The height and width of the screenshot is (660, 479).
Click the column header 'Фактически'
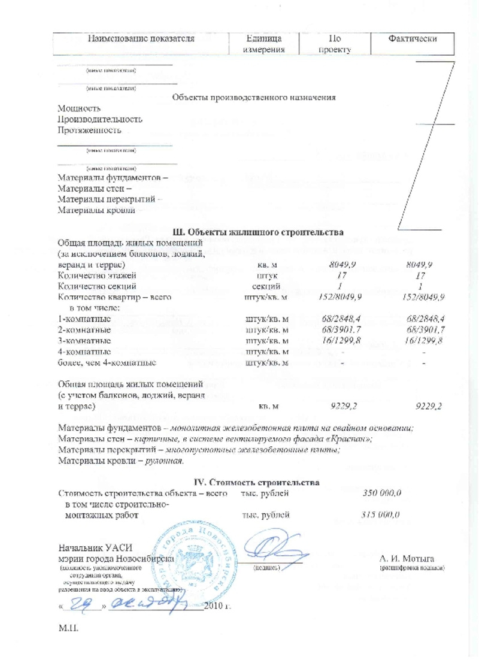[x=412, y=39]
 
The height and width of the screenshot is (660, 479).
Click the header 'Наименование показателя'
[x=141, y=39]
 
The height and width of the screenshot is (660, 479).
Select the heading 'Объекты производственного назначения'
[x=253, y=97]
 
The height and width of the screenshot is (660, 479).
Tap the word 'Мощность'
[x=79, y=108]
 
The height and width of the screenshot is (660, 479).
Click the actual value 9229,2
[x=428, y=407]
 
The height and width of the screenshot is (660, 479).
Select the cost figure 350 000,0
[x=381, y=493]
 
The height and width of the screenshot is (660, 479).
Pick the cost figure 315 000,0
[x=381, y=514]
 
